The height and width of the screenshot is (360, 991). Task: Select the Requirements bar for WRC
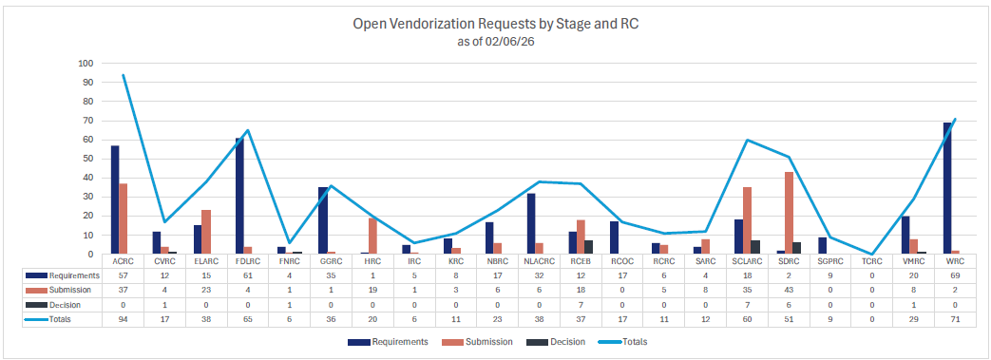point(947,188)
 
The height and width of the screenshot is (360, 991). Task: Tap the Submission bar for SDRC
point(789,213)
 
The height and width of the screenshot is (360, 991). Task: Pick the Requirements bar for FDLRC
point(239,196)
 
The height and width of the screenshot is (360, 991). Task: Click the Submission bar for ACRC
point(124,218)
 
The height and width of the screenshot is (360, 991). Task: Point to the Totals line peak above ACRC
point(123,75)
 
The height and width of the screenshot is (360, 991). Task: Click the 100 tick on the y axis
point(86,64)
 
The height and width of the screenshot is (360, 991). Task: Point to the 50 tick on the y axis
point(88,159)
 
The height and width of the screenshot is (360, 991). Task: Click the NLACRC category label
point(539,260)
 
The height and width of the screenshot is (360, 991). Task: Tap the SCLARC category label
point(746,260)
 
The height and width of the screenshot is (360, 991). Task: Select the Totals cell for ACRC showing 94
point(123,319)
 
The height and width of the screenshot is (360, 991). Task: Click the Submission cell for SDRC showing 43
point(788,289)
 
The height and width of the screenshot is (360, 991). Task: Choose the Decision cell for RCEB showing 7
point(580,304)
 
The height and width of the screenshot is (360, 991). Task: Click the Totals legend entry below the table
point(636,340)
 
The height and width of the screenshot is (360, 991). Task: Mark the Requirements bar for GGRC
point(322,220)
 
